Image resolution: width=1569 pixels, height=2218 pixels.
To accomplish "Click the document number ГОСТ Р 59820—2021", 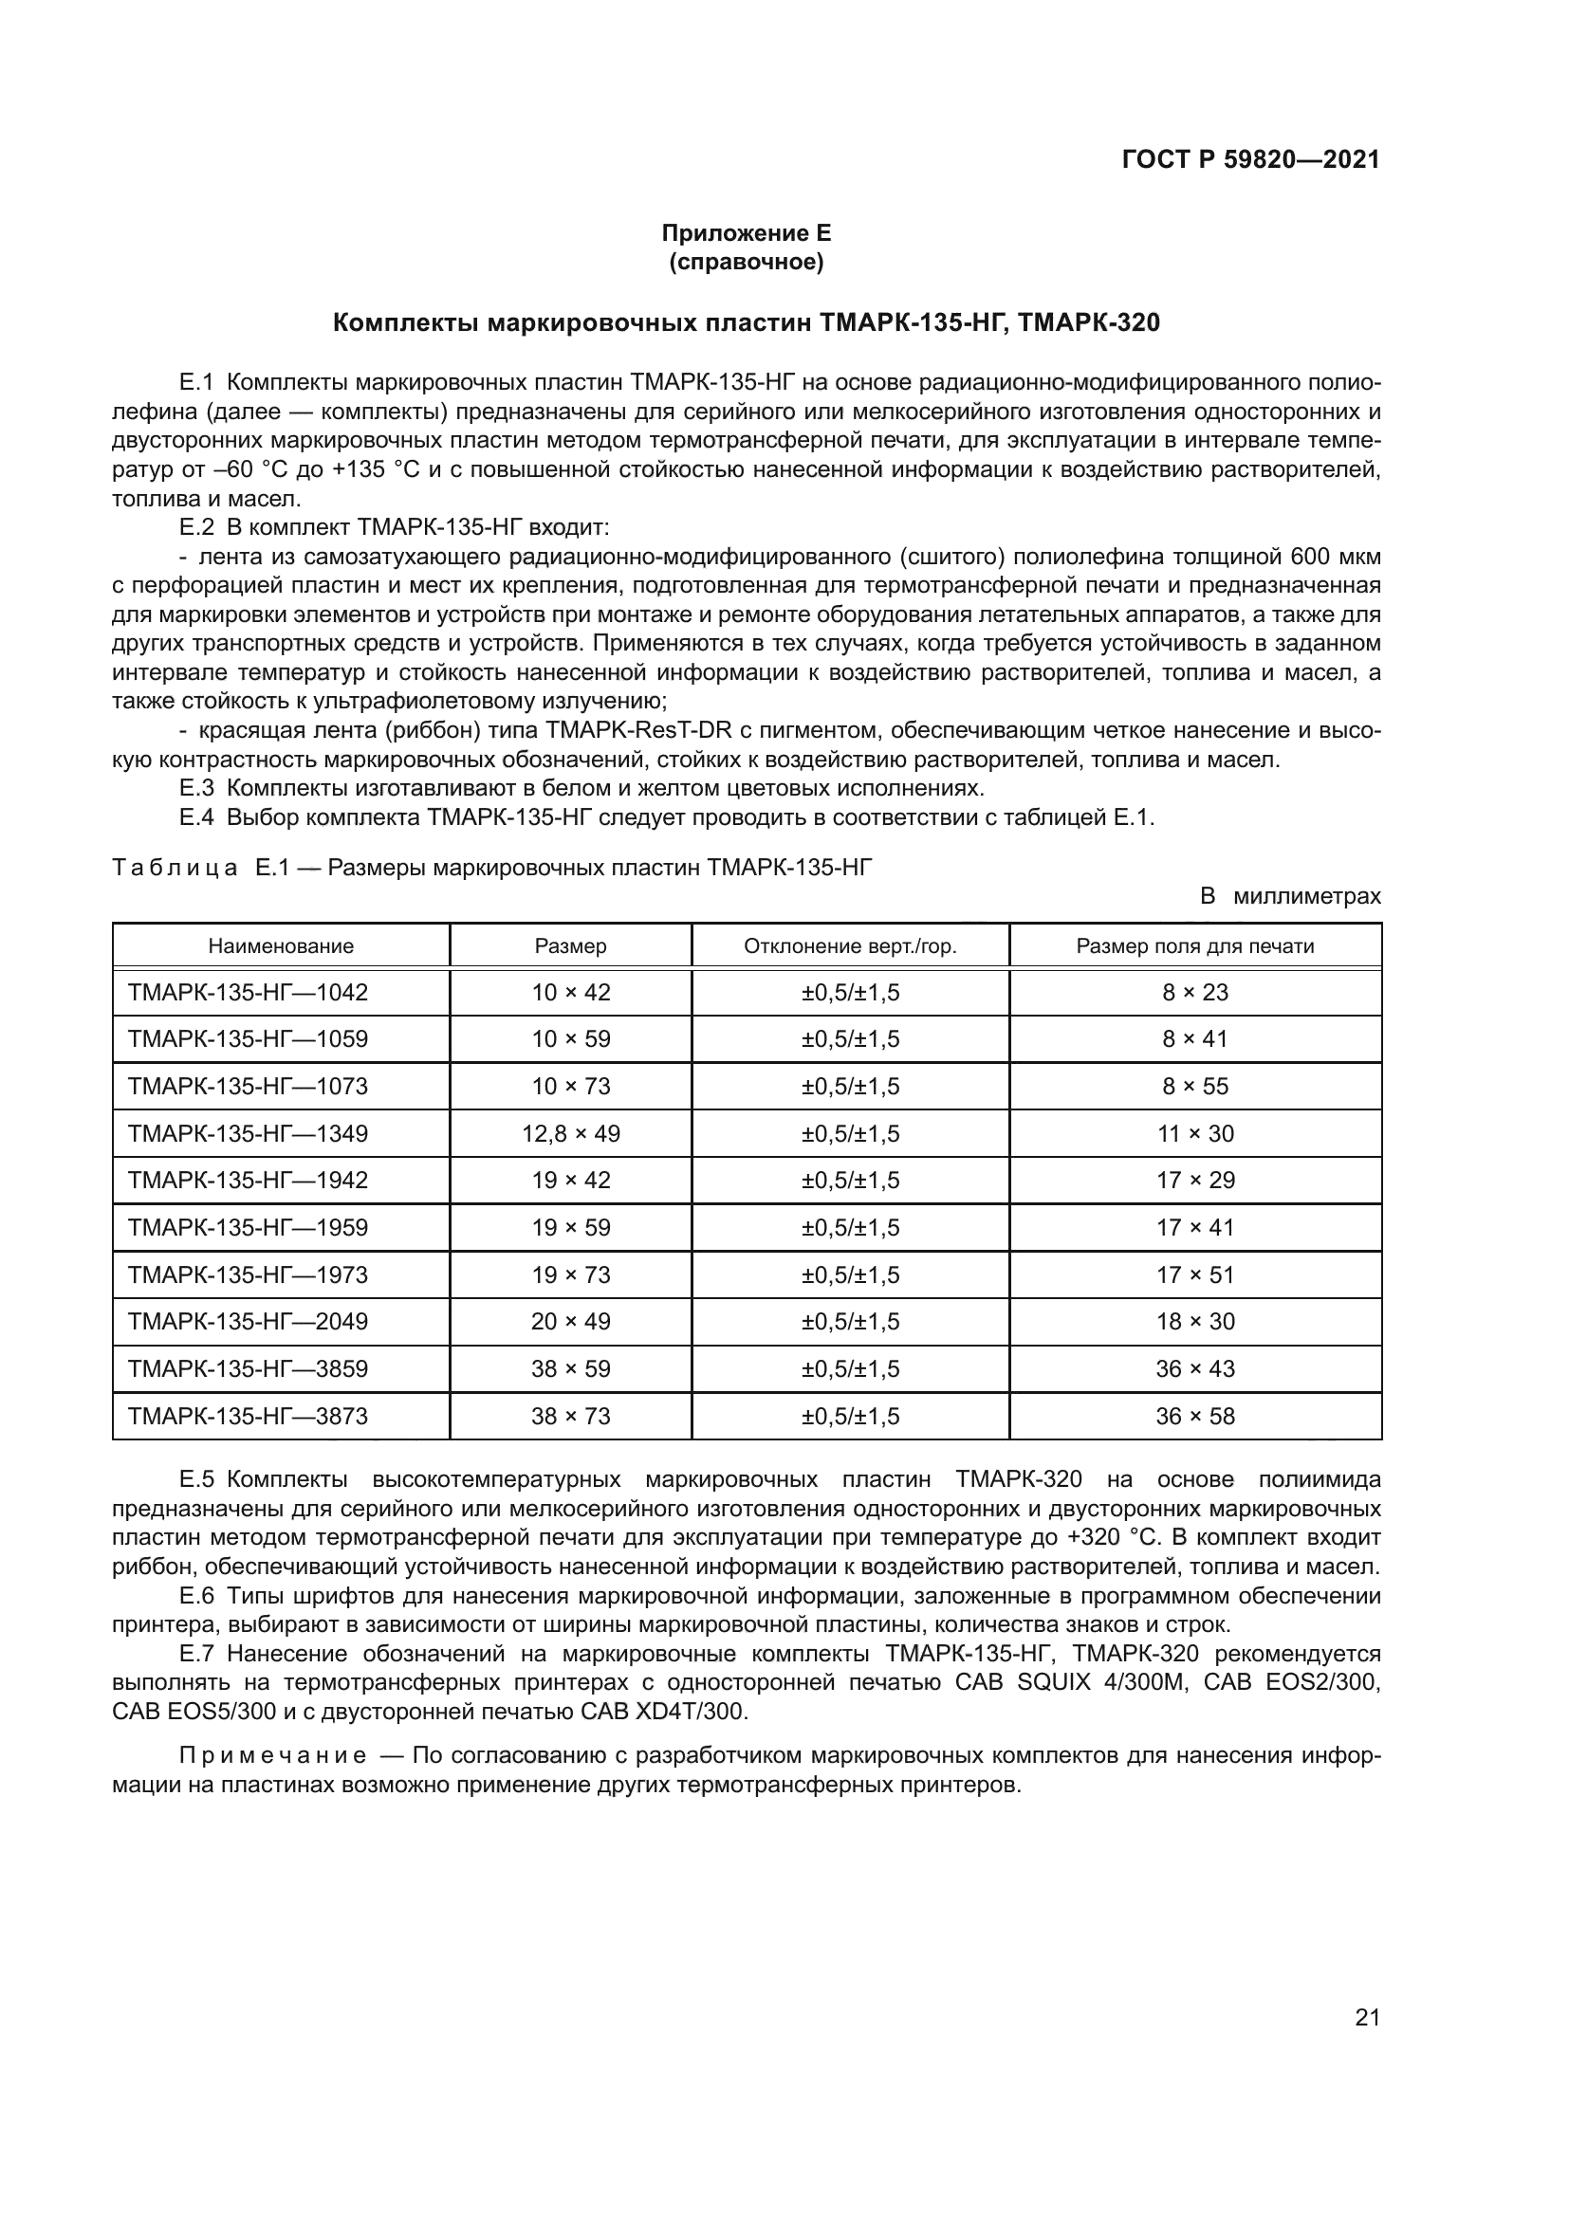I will pyautogui.click(x=1250, y=160).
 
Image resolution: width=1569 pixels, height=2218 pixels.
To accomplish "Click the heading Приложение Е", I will pyautogui.click(x=746, y=233).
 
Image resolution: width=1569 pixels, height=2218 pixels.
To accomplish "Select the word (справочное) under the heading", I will pyautogui.click(x=746, y=263).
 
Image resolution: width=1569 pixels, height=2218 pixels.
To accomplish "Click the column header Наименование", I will pyautogui.click(x=281, y=945).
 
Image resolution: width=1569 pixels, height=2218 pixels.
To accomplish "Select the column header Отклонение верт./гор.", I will pyautogui.click(x=849, y=945).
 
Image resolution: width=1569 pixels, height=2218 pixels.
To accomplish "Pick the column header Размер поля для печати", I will pyautogui.click(x=1194, y=945).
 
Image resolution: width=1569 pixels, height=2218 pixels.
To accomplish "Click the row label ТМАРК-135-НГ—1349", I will pyautogui.click(x=249, y=1133).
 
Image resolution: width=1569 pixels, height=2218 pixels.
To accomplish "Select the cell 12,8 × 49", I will pyautogui.click(x=570, y=1133).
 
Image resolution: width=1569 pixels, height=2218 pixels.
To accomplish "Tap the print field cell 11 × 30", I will pyautogui.click(x=1195, y=1133).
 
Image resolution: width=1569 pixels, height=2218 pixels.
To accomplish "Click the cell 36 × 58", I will pyautogui.click(x=1195, y=1416).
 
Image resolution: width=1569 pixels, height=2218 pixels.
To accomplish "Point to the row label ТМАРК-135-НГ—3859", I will pyautogui.click(x=249, y=1369).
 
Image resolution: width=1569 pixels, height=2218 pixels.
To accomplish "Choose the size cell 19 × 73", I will pyautogui.click(x=570, y=1274).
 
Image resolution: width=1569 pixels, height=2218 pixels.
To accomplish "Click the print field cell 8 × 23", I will pyautogui.click(x=1195, y=992).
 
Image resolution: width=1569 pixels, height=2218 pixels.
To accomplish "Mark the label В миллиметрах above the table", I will pyautogui.click(x=1290, y=895).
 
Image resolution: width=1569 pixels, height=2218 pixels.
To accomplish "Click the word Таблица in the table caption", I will pyautogui.click(x=175, y=868).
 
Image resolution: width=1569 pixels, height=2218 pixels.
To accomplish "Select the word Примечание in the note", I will pyautogui.click(x=273, y=1755).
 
